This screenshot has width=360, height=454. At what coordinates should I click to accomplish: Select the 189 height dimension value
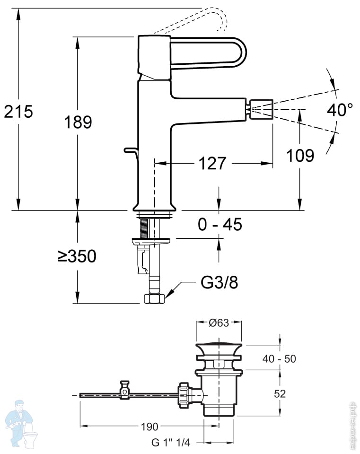[x=78, y=122]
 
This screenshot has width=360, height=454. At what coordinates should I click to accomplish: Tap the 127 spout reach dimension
[x=211, y=164]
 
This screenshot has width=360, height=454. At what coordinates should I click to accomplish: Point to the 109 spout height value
[x=300, y=155]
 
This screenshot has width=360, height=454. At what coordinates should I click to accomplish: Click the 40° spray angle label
[x=340, y=110]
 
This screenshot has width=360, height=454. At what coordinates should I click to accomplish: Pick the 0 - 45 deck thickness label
[x=220, y=225]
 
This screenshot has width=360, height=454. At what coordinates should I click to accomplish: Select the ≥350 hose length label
[x=77, y=256]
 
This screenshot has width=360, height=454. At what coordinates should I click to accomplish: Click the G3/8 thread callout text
[x=219, y=282]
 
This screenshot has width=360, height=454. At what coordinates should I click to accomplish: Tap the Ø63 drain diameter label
[x=219, y=323]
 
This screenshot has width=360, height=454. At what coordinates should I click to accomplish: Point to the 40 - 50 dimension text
[x=280, y=359]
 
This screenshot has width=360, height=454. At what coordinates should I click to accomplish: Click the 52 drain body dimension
[x=280, y=393]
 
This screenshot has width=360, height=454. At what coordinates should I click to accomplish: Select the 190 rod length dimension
[x=149, y=427]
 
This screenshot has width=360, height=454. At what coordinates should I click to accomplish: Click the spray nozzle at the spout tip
[x=261, y=109]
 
